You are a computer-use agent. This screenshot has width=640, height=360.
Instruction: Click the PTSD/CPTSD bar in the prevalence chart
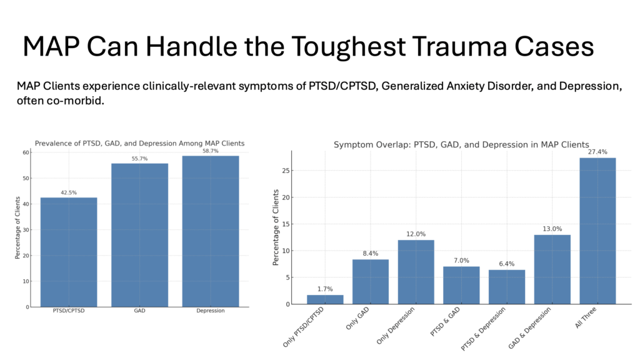(69, 252)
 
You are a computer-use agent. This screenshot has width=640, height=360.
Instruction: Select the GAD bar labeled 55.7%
(139, 235)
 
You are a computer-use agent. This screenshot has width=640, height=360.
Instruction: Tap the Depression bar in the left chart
(211, 231)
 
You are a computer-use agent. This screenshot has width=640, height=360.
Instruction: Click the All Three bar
(597, 231)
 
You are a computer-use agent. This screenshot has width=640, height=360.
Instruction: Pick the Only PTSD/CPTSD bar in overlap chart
(325, 299)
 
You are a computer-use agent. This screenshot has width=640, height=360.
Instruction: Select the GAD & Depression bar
(552, 269)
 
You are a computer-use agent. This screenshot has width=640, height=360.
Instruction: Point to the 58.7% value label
(211, 151)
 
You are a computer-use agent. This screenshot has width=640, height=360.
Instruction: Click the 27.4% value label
(597, 152)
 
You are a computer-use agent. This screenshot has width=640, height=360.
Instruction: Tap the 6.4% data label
(506, 264)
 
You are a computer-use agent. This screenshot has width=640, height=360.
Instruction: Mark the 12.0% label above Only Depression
(416, 234)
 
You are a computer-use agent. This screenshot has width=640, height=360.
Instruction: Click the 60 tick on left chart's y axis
(26, 152)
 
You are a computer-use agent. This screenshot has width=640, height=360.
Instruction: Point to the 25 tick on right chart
(286, 171)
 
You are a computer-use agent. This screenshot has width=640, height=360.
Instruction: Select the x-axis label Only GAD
(357, 318)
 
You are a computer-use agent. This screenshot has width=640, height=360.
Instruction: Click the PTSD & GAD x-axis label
(445, 322)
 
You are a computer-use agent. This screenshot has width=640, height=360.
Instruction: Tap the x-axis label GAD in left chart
(139, 311)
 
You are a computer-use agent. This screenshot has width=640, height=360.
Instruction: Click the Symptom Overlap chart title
(461, 145)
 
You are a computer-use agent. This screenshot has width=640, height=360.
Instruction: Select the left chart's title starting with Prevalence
(139, 143)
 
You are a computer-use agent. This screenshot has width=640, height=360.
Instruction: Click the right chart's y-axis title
(276, 227)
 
